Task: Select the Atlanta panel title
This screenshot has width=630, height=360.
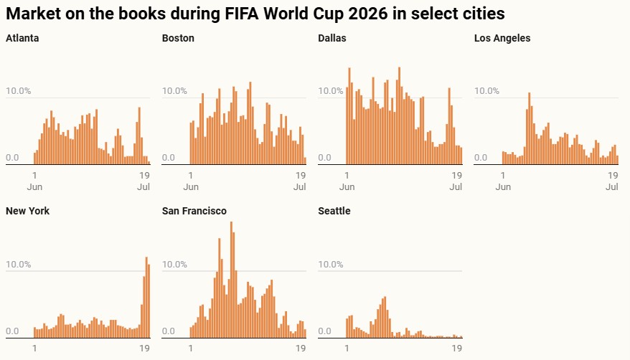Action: pyautogui.click(x=22, y=38)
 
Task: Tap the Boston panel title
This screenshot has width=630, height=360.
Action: pyautogui.click(x=178, y=38)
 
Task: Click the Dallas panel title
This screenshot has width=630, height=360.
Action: pyautogui.click(x=332, y=38)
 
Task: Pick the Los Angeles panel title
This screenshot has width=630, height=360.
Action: pyautogui.click(x=502, y=38)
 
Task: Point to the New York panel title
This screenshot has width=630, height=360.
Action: pyautogui.click(x=27, y=211)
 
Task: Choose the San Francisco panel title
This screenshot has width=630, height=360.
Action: pyautogui.click(x=194, y=211)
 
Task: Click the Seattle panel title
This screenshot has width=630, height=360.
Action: pyautogui.click(x=334, y=211)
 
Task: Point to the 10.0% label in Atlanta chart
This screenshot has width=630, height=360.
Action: pyautogui.click(x=18, y=91)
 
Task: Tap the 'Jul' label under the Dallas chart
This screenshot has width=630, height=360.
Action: pyautogui.click(x=456, y=187)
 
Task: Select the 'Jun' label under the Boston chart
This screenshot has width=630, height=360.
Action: pyautogui.click(x=191, y=187)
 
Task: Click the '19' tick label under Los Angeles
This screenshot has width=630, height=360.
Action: pyautogui.click(x=612, y=175)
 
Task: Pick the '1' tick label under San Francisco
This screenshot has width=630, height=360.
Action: pyautogui.click(x=191, y=349)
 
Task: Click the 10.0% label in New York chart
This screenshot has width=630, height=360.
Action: pyautogui.click(x=18, y=265)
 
